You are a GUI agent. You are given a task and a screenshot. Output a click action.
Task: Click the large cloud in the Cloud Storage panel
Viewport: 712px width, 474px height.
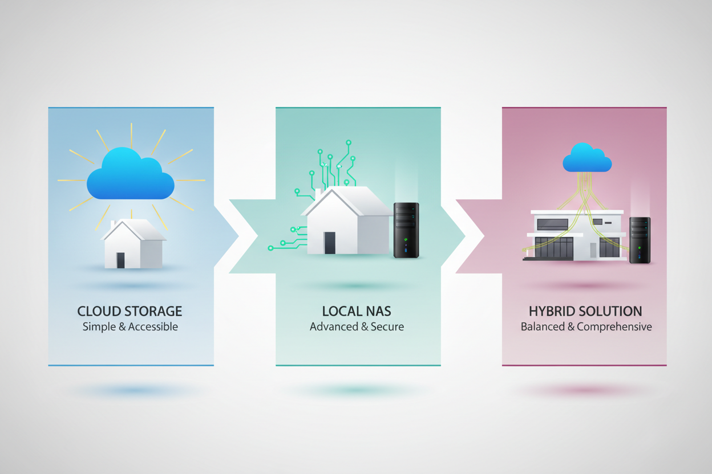click(x=131, y=174)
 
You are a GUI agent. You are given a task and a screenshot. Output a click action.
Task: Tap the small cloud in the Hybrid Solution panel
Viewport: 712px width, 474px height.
click(x=587, y=158)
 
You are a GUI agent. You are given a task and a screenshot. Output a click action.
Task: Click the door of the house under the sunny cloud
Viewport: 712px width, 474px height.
click(x=120, y=260)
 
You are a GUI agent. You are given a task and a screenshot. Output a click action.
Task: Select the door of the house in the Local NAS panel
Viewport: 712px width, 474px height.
click(x=330, y=243)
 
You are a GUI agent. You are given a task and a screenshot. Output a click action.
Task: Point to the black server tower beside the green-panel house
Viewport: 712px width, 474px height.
click(x=406, y=230)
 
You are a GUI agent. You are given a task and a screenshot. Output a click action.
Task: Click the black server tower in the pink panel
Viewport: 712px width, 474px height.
click(x=640, y=240)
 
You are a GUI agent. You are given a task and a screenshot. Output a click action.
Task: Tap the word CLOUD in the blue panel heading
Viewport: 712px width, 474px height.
click(x=98, y=312)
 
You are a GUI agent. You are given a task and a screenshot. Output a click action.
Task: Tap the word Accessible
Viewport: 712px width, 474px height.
click(x=153, y=326)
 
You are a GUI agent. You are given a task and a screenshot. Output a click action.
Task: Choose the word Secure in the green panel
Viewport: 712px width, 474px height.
click(x=387, y=326)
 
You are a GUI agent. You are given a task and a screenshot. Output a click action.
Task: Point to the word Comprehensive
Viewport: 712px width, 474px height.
click(x=614, y=327)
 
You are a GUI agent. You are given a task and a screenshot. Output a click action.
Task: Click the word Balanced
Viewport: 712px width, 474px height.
click(x=543, y=326)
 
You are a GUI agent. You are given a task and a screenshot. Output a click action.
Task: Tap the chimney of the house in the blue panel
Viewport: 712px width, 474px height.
click(x=112, y=225)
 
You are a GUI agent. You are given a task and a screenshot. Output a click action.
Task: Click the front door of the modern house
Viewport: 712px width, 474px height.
click(x=593, y=250)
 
